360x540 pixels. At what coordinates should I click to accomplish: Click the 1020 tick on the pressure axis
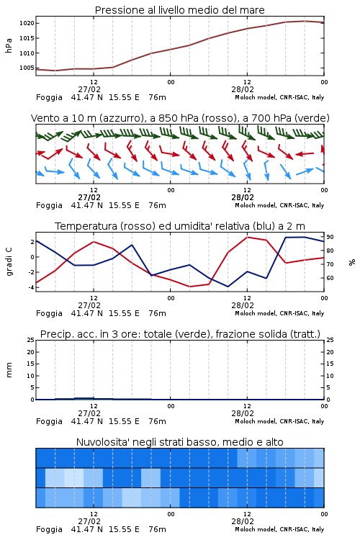27,24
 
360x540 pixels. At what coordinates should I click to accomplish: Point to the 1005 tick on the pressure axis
27,68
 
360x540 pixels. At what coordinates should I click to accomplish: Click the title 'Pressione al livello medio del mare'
180,10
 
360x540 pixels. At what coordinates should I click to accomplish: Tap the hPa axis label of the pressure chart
9,45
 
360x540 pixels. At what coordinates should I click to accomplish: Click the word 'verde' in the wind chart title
313,118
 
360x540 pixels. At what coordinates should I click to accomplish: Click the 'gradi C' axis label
9,262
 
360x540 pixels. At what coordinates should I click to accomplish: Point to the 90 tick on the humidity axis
330,237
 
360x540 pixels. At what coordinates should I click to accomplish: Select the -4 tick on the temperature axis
32,287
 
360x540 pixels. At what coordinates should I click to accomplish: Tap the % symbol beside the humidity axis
352,262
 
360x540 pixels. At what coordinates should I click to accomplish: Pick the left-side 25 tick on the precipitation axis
31,341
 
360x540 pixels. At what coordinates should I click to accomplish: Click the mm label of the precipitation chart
9,370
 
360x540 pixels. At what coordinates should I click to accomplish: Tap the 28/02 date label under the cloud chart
243,521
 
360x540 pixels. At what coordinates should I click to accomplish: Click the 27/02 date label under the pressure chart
89,89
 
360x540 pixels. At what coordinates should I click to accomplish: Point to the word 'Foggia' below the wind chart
49,206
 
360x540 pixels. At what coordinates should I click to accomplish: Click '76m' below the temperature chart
158,313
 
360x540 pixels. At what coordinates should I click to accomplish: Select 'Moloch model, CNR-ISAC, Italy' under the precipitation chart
279,421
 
